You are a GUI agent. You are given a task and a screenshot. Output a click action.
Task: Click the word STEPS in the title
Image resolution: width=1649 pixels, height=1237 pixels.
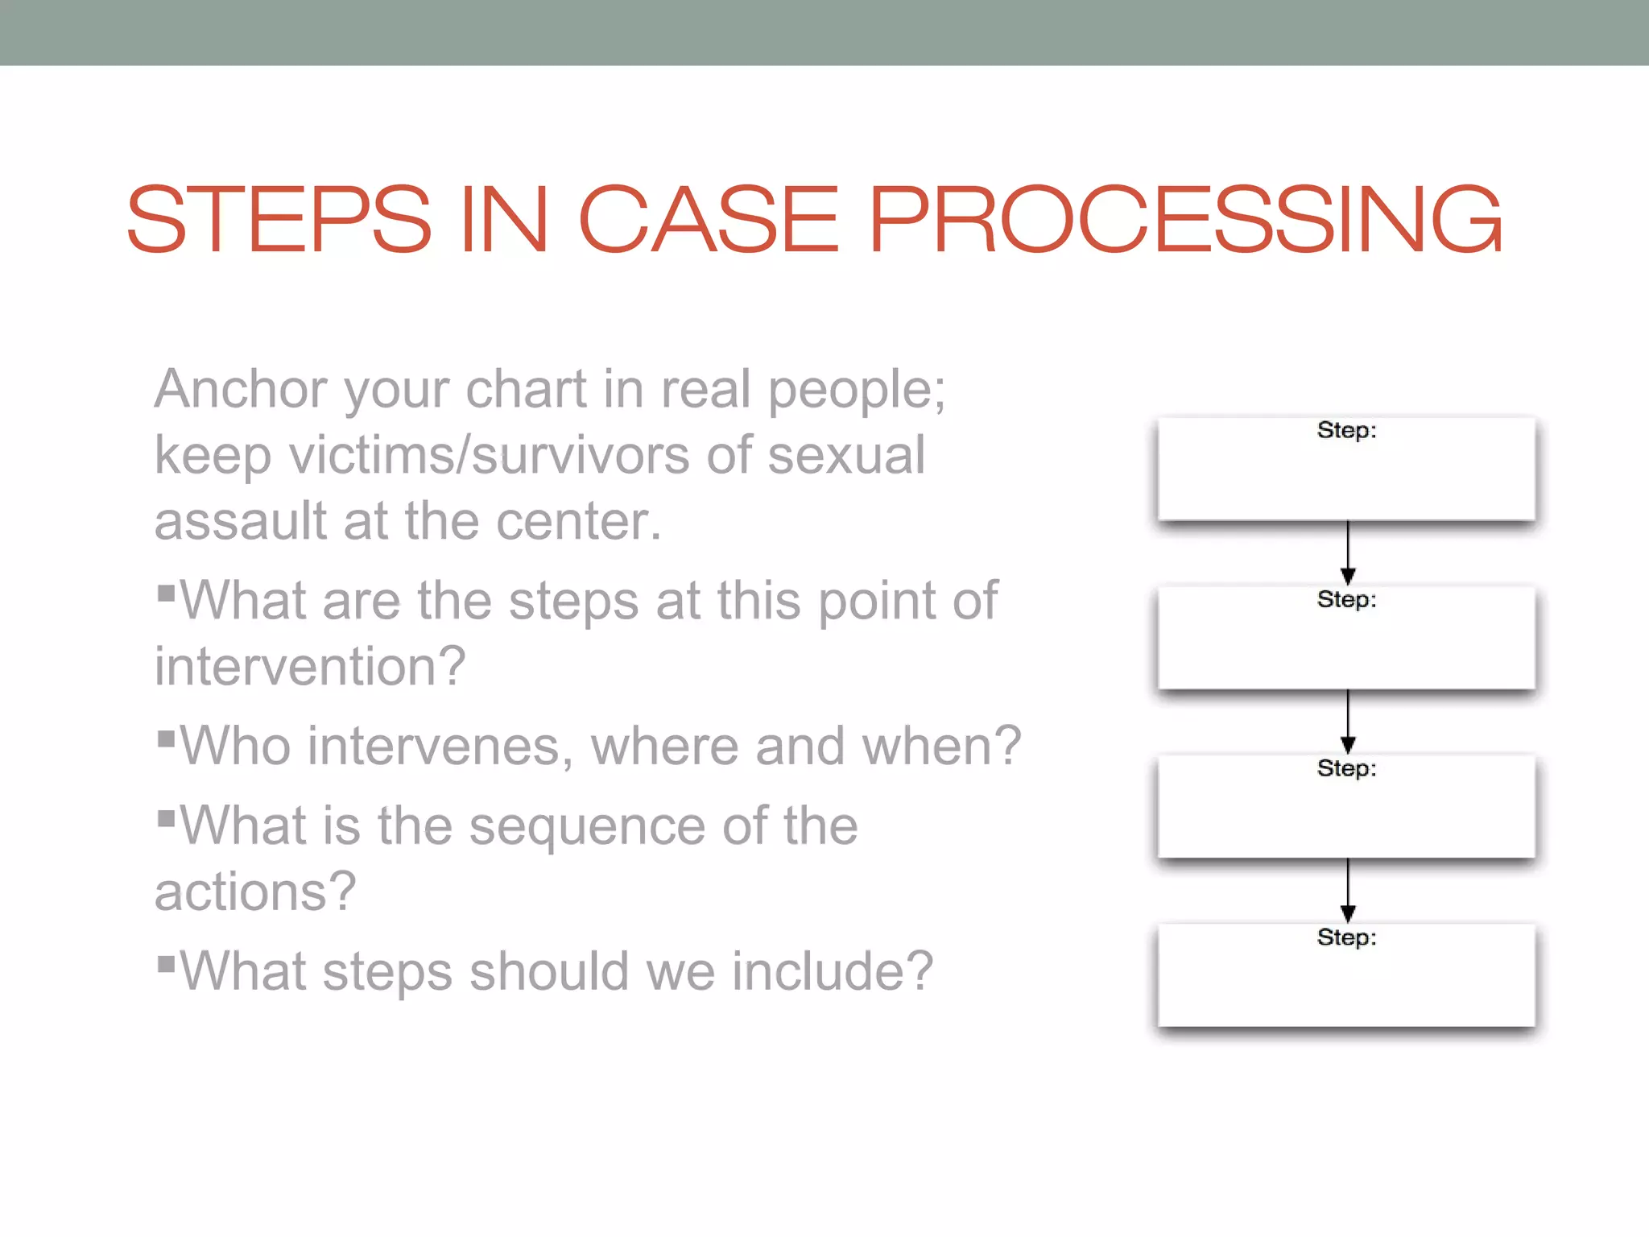pos(279,219)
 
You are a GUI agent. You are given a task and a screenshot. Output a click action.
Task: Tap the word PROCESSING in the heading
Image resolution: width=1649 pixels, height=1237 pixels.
pos(1184,219)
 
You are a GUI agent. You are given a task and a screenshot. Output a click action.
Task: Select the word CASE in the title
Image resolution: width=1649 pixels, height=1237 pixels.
pos(709,219)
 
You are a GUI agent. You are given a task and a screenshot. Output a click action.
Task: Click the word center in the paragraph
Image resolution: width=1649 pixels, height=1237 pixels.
pos(577,521)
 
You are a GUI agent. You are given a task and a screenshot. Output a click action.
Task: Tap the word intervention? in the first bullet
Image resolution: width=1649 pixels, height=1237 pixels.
pos(310,667)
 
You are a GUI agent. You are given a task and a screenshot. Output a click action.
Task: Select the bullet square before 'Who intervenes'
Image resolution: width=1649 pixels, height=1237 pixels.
pos(167,738)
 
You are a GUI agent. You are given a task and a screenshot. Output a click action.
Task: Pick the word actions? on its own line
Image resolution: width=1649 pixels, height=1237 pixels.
pos(254,892)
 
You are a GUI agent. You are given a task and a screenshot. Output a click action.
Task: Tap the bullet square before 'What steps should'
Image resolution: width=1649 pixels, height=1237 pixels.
pos(167,964)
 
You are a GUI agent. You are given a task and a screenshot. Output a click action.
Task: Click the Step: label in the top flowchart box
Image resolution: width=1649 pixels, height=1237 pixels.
pos(1346,431)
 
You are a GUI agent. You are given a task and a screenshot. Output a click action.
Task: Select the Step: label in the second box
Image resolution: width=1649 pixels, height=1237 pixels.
pos(1346,600)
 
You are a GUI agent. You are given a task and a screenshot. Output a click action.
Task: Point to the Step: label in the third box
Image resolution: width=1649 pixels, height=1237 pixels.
pos(1346,769)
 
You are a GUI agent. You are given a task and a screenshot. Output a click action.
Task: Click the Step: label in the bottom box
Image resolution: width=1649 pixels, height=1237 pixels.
pos(1346,938)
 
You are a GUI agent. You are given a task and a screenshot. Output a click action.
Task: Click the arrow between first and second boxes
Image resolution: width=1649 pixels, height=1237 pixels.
pos(1348,552)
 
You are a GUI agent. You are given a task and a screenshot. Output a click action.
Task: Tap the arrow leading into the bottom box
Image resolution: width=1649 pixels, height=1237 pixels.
pos(1348,891)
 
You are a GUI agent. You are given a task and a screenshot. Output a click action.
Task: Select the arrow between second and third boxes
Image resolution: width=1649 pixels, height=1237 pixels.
pos(1348,722)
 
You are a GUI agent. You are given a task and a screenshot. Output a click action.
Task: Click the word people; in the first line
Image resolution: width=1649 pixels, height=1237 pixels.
pos(856,391)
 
